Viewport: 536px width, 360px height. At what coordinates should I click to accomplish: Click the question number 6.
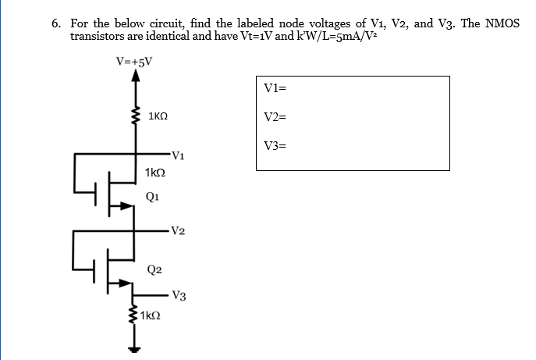[x=56, y=23]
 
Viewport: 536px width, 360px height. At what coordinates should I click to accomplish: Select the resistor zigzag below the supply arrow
[x=135, y=116]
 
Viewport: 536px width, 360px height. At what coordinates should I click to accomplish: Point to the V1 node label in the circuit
[x=176, y=154]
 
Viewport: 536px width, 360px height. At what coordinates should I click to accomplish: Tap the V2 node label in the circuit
[x=176, y=230]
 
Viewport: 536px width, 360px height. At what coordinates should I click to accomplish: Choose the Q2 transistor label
[x=154, y=269]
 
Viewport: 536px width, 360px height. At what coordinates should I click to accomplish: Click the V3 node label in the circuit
[x=179, y=296]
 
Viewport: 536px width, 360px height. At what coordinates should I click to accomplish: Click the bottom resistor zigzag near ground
[x=135, y=316]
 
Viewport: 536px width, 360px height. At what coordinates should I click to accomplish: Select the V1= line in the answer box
[x=275, y=88]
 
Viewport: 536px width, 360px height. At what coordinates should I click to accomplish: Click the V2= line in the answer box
[x=275, y=117]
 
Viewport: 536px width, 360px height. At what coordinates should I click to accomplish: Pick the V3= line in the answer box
[x=276, y=145]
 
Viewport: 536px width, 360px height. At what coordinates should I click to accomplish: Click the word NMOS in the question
[x=502, y=23]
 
